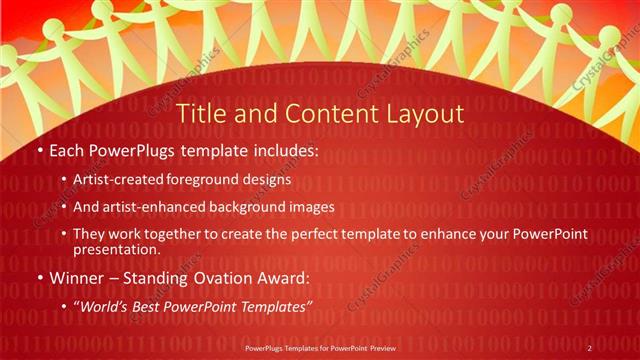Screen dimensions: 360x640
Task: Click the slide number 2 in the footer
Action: coord(590,347)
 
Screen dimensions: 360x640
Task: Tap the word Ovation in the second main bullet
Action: coord(221,277)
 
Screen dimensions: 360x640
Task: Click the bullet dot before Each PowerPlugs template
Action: coord(38,152)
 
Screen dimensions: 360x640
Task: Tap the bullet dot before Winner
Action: coord(38,277)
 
